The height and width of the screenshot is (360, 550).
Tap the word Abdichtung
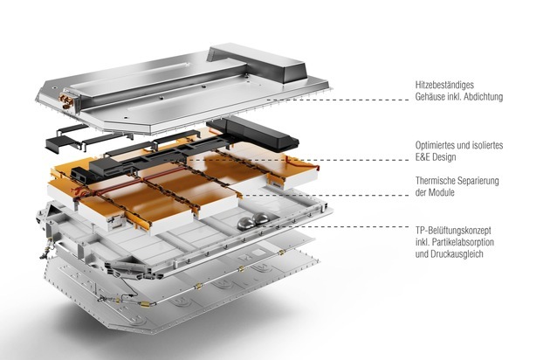pyautogui.click(x=483, y=97)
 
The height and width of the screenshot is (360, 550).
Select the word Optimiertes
pyautogui.click(x=437, y=145)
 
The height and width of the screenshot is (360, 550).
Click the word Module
pyautogui.click(x=442, y=192)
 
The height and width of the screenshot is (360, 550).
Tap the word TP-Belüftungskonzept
pyautogui.click(x=453, y=231)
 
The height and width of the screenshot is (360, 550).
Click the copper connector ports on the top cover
pyautogui.click(x=65, y=100)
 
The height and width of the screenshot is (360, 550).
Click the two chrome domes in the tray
pyautogui.click(x=253, y=221)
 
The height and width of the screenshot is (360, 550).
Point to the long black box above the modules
pyautogui.click(x=253, y=134)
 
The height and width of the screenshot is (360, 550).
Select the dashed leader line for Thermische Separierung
pyautogui.click(x=327, y=195)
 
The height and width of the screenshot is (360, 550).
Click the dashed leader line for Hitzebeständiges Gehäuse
pyautogui.click(x=338, y=100)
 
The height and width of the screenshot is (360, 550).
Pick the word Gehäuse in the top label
pyautogui.click(x=430, y=97)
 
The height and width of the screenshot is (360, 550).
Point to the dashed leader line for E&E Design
pyautogui.click(x=299, y=160)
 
